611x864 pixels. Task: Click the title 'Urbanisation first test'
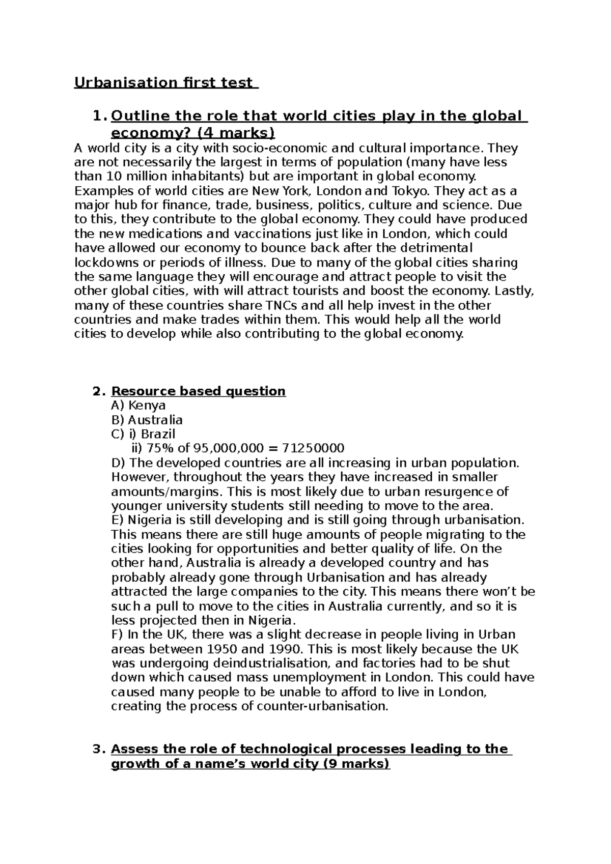tap(166, 82)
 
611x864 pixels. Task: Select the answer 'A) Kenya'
tap(138, 406)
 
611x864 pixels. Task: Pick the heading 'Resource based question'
tap(198, 391)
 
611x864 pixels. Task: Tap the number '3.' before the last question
tap(99, 750)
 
